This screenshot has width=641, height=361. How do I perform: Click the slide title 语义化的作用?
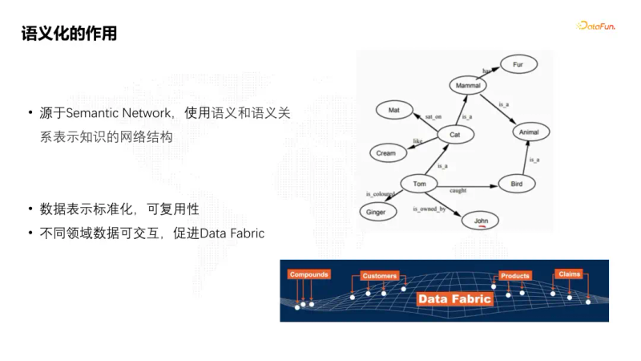click(69, 33)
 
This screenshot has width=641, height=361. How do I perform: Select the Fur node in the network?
click(518, 63)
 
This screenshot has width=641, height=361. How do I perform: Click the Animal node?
click(530, 131)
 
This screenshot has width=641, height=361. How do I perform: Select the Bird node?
click(517, 185)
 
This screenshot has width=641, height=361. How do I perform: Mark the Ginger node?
click(376, 213)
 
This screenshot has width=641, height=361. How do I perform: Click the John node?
click(481, 221)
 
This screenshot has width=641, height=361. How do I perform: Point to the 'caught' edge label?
click(458, 191)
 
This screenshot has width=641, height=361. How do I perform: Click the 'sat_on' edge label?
click(433, 117)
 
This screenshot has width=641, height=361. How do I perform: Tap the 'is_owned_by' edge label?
click(428, 209)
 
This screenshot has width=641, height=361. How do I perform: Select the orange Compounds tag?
click(309, 274)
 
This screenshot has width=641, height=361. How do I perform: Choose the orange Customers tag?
click(379, 275)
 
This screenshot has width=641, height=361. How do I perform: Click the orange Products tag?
click(514, 275)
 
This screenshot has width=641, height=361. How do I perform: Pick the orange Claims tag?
click(569, 274)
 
